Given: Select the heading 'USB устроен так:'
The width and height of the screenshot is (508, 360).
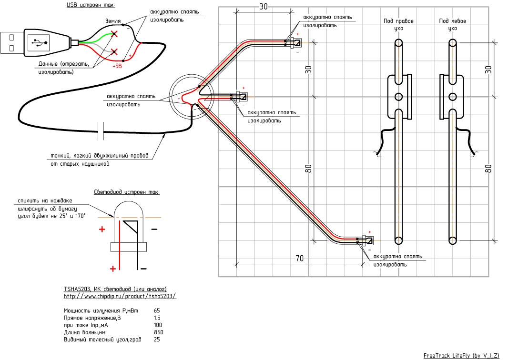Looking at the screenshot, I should tap(91, 5).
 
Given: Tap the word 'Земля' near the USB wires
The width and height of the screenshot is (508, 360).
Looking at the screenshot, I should tap(113, 21).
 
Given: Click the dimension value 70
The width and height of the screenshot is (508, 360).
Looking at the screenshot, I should tap(299, 258).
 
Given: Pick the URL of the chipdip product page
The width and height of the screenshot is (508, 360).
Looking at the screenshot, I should tap(120, 296).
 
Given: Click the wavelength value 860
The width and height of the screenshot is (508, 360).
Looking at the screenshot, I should tap(159, 332).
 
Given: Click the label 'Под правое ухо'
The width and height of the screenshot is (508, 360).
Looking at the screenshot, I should tap(399, 25).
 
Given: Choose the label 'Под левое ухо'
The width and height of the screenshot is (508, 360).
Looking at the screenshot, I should tap(452, 25).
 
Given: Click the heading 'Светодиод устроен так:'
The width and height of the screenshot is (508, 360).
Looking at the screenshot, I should tap(126, 192).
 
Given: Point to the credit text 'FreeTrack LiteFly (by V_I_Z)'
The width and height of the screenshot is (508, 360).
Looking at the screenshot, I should tap(461, 355).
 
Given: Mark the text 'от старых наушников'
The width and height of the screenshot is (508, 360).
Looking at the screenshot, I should tap(80, 164).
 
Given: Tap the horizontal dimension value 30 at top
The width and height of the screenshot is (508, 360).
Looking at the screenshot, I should tap(263, 7).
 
